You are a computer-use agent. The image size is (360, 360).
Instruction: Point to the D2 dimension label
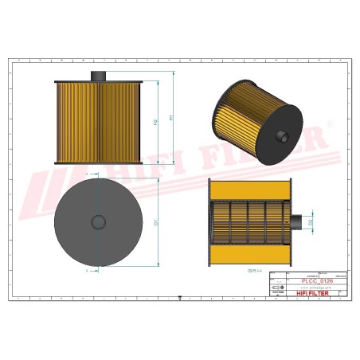point(311,222)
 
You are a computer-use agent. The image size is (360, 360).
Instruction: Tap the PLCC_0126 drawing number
point(307,281)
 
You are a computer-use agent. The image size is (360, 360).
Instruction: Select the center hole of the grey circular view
point(98,221)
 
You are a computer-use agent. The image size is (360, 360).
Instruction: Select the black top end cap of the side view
point(98,82)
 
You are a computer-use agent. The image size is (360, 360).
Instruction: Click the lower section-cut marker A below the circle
point(84,271)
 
